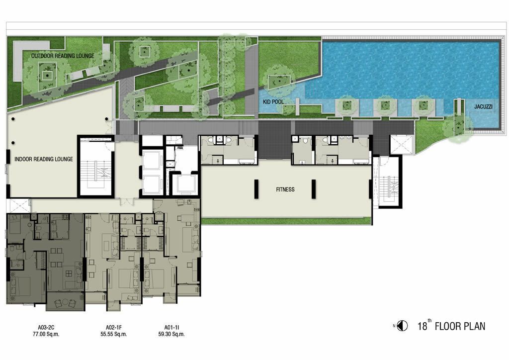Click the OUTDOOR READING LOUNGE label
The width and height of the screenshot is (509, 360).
63,56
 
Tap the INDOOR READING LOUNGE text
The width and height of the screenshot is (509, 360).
44,159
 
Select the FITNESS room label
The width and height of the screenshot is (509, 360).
285,189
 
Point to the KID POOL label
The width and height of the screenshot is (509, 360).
273,102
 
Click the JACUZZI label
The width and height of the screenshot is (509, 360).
483,106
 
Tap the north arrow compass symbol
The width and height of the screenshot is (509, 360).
403,326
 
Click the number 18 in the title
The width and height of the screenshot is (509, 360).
422,326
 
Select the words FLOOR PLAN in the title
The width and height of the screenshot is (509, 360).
460,326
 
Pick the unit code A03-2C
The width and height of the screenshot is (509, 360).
46,328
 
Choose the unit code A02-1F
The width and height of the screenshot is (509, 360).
114,328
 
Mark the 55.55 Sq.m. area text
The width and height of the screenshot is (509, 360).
114,334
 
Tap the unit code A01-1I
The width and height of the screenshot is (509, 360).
171,328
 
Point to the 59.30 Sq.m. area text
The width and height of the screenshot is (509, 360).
171,334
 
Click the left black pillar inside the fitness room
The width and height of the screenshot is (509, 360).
256,189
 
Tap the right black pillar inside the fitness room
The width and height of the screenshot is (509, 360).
314,189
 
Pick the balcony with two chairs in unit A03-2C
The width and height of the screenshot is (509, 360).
66,301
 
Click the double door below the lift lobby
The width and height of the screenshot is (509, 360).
127,201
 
